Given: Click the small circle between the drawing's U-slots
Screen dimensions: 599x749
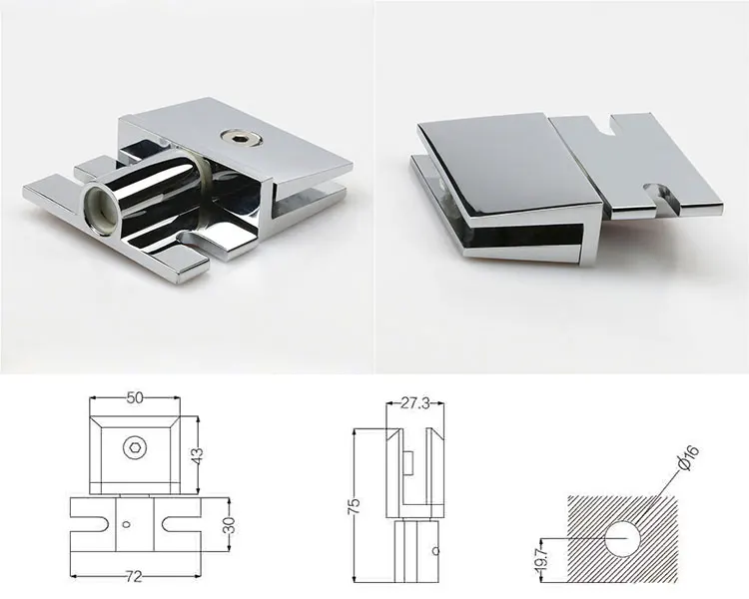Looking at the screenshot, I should (126, 523).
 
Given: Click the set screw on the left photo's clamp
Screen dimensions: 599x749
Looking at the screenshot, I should (239, 135).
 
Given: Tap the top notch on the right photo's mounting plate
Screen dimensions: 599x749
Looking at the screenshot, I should (610, 127).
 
